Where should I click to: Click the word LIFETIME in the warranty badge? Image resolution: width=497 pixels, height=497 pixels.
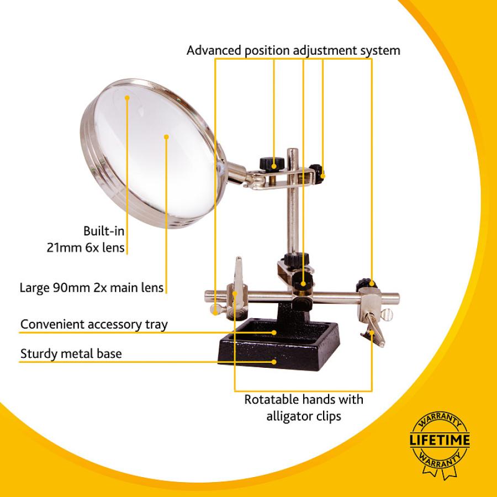[440, 440]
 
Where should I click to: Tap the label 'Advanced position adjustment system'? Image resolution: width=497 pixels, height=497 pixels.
[293, 50]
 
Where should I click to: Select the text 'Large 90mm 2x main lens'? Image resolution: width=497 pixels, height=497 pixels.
[92, 288]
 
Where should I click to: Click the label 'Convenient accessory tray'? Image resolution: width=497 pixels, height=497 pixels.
[94, 325]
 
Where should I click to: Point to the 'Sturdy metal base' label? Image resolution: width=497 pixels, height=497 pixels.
[71, 353]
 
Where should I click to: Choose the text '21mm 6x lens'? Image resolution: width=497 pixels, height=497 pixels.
[86, 247]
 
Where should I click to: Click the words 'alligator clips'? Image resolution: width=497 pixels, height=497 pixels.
[304, 416]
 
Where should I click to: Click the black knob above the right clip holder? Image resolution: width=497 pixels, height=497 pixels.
[367, 283]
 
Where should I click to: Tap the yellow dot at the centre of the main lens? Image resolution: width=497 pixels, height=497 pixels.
[166, 136]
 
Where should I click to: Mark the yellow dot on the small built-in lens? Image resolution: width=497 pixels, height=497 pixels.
[127, 98]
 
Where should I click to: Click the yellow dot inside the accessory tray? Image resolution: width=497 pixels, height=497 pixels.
[274, 332]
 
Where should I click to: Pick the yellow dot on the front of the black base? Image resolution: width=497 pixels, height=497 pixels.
[274, 361]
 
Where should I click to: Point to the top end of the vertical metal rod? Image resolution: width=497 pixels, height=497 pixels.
[292, 150]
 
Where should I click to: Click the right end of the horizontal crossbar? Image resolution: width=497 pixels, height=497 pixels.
[397, 297]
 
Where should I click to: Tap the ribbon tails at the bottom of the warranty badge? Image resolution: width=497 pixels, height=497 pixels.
[440, 472]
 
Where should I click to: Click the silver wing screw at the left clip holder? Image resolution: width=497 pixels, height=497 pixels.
[216, 310]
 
